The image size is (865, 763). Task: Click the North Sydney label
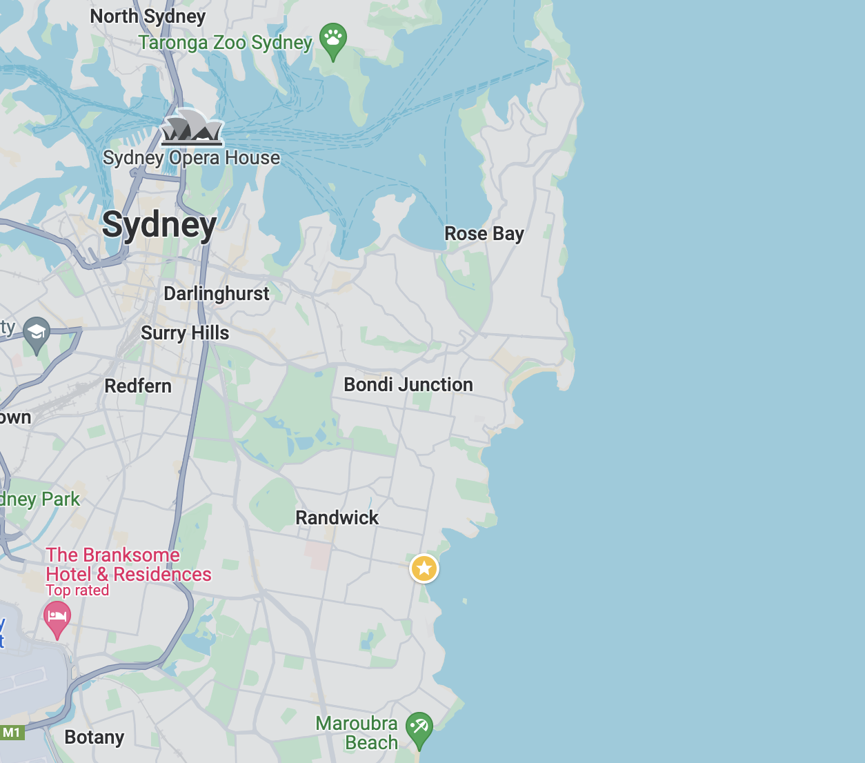(x=148, y=17)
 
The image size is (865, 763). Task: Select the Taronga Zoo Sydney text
(x=225, y=43)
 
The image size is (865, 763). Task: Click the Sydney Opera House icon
(x=192, y=128)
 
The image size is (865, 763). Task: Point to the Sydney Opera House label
(x=191, y=158)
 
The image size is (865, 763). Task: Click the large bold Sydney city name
(x=159, y=225)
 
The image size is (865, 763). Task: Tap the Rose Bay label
(x=484, y=234)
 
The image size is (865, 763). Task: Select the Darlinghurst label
(x=216, y=294)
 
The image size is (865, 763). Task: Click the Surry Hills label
(x=185, y=333)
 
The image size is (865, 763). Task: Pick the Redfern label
(x=138, y=386)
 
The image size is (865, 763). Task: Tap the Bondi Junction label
(x=408, y=385)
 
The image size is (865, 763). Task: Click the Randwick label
(x=337, y=518)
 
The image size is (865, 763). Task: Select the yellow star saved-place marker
(x=424, y=569)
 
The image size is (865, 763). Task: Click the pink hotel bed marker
(x=57, y=616)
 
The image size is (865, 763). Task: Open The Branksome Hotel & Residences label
(x=128, y=565)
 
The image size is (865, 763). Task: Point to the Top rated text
(x=77, y=591)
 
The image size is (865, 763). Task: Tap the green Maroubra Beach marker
(x=419, y=728)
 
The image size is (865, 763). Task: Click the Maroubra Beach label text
(x=357, y=733)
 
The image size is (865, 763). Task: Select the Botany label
(x=95, y=737)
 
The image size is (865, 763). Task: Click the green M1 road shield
(x=12, y=733)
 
